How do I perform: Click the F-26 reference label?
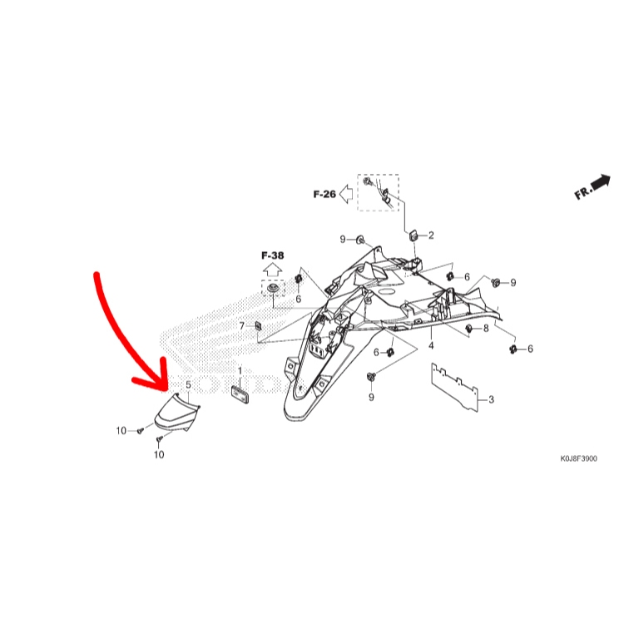(324, 194)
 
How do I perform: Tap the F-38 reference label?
(272, 255)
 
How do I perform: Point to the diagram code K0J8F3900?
(578, 458)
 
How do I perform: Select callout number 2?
(431, 235)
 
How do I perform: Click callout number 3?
(491, 399)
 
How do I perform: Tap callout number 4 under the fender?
(431, 346)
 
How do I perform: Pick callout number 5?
(188, 384)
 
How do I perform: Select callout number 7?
(242, 326)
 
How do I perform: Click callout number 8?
(486, 329)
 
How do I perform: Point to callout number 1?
(240, 371)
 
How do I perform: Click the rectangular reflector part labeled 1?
(240, 394)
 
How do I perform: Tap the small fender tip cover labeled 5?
(177, 413)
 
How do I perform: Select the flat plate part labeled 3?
(454, 388)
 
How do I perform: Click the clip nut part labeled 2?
(413, 236)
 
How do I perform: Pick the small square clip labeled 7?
(258, 326)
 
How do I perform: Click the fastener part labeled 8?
(469, 329)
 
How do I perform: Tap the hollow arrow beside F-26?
(346, 194)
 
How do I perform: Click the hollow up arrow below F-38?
(272, 270)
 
